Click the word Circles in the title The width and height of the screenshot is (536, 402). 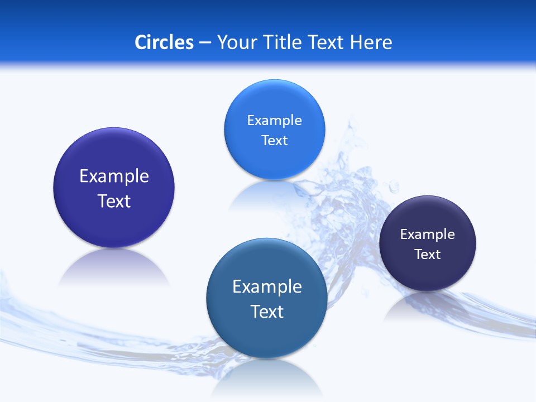(164, 42)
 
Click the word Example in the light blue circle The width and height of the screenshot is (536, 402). (274, 121)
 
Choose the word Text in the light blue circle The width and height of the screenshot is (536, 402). (274, 141)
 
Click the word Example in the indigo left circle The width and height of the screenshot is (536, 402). (114, 176)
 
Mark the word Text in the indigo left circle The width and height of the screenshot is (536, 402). (114, 202)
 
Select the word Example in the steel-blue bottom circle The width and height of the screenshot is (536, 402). (267, 287)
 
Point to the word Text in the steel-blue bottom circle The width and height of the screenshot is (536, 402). (267, 312)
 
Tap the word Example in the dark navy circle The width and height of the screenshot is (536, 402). (428, 234)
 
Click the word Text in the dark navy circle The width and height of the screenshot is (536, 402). (428, 255)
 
